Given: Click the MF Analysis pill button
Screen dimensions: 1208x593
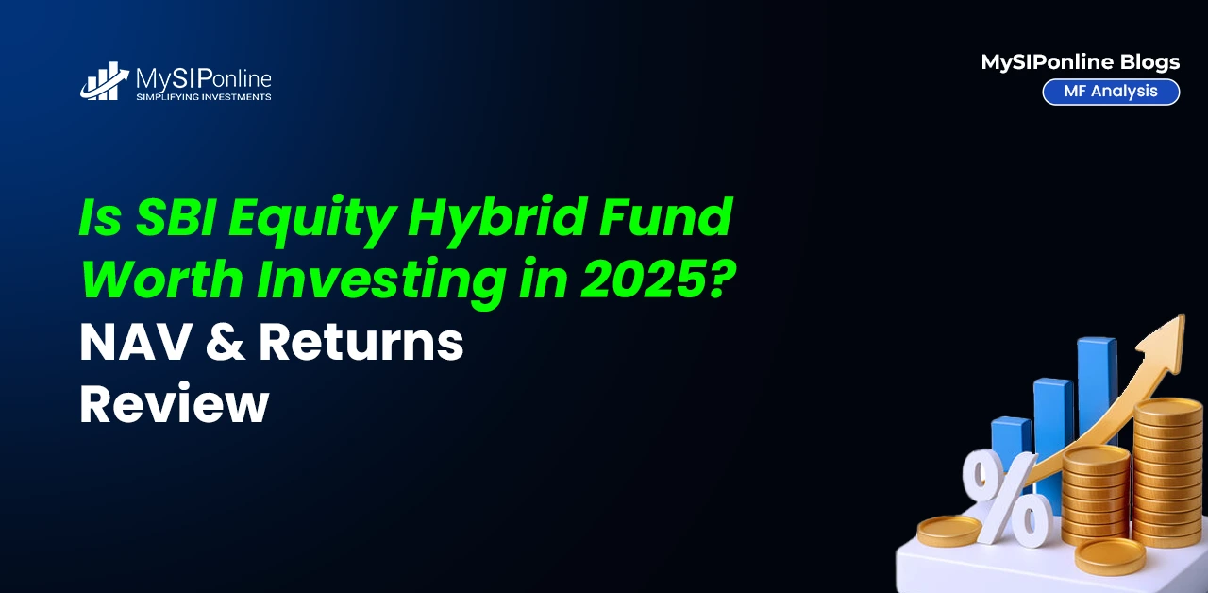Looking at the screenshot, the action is click(x=1111, y=92).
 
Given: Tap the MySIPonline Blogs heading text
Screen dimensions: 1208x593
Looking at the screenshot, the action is click(x=1081, y=62).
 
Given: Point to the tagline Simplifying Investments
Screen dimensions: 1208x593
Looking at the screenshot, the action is click(x=203, y=97).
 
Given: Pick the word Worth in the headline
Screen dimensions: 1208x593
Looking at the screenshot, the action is click(x=162, y=279).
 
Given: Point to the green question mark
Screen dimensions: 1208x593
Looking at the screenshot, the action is click(x=720, y=279).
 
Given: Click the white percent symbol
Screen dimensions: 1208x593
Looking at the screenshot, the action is click(x=1006, y=497).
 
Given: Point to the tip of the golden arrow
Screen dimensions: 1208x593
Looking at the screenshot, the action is click(x=1183, y=316).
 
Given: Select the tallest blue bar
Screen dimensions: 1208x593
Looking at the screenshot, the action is click(x=1097, y=388).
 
